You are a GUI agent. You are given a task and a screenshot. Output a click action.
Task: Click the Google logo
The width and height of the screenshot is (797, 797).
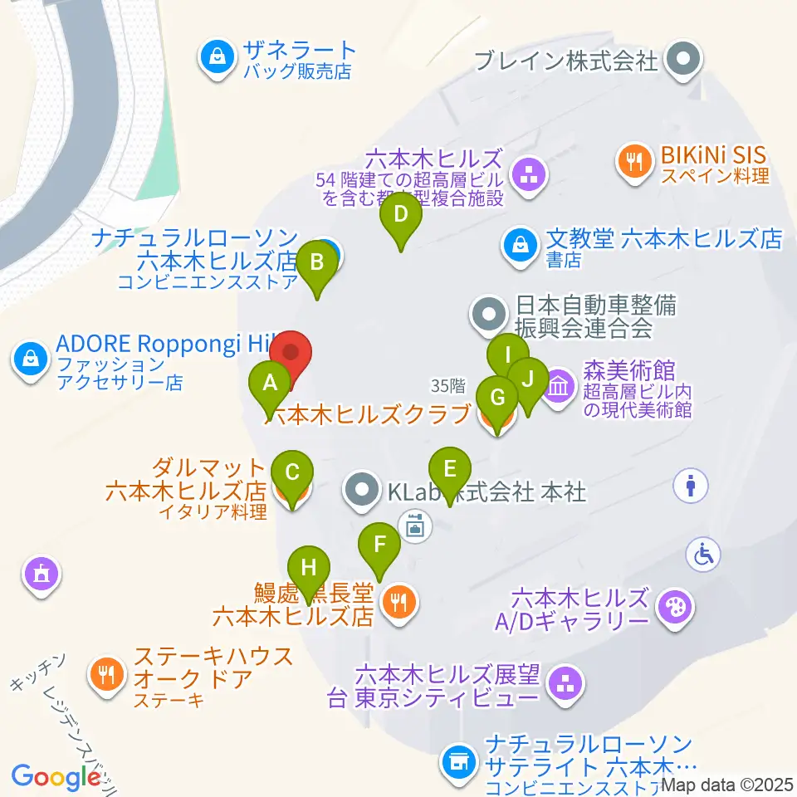pos(56,776)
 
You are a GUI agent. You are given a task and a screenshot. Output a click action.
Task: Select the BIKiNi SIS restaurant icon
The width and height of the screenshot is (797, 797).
pos(636,160)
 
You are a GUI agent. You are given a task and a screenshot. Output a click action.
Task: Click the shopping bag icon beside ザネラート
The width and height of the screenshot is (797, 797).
pos(217,57)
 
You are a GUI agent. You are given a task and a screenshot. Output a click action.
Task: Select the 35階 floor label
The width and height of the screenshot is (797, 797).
pos(448,385)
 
